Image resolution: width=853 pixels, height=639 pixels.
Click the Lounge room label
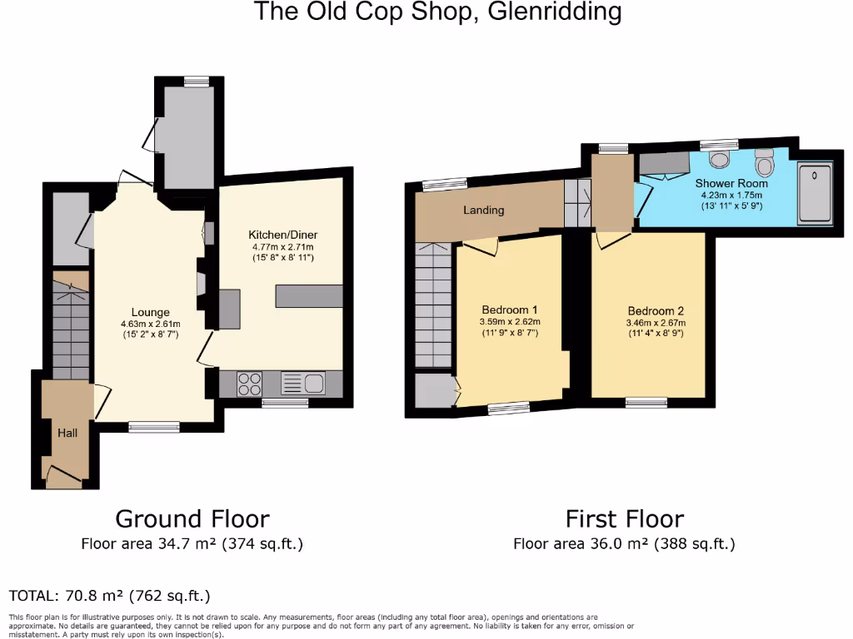pyautogui.click(x=150, y=313)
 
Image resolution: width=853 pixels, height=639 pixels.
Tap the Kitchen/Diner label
pyautogui.click(x=283, y=235)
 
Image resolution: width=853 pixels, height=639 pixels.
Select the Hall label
pyautogui.click(x=67, y=433)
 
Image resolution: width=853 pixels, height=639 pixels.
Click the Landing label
pyautogui.click(x=483, y=210)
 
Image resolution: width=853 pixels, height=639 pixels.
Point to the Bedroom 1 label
pyautogui.click(x=509, y=310)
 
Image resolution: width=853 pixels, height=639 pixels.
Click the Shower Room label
pyautogui.click(x=731, y=183)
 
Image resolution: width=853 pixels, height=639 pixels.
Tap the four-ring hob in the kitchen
pyautogui.click(x=250, y=384)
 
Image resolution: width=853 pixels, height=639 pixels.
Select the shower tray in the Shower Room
pyautogui.click(x=814, y=194)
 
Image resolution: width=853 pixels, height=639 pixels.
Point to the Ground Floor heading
pyautogui.click(x=192, y=519)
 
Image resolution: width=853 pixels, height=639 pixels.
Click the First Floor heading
pyautogui.click(x=624, y=519)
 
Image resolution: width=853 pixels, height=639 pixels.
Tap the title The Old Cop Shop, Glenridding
pyautogui.click(x=437, y=12)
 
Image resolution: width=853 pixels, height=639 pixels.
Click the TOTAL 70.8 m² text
pyautogui.click(x=109, y=596)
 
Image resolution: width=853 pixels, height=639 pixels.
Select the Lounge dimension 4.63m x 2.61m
pyautogui.click(x=150, y=324)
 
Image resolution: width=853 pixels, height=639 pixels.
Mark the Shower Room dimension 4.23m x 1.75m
pyautogui.click(x=731, y=195)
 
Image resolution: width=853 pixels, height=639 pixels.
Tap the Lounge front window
pyautogui.click(x=154, y=427)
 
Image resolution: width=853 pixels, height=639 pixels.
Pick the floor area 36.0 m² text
pyautogui.click(x=624, y=545)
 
